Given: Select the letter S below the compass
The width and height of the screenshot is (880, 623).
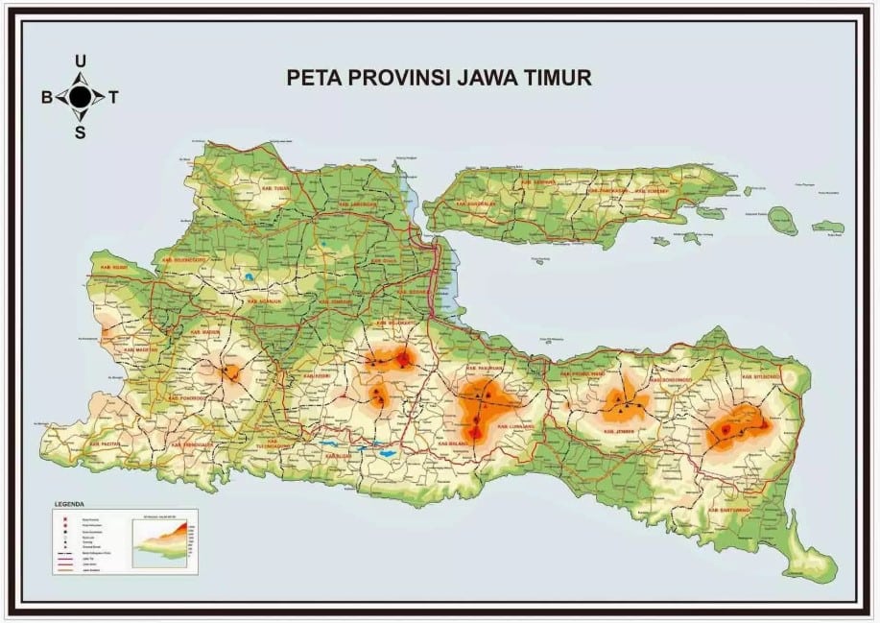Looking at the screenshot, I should click(81, 132).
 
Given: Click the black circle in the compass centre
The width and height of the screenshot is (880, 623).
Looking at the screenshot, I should click(81, 96).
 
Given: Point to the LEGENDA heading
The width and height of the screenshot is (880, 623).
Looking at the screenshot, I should click(69, 503).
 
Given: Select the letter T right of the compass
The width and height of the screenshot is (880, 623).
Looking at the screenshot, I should click(114, 97).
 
